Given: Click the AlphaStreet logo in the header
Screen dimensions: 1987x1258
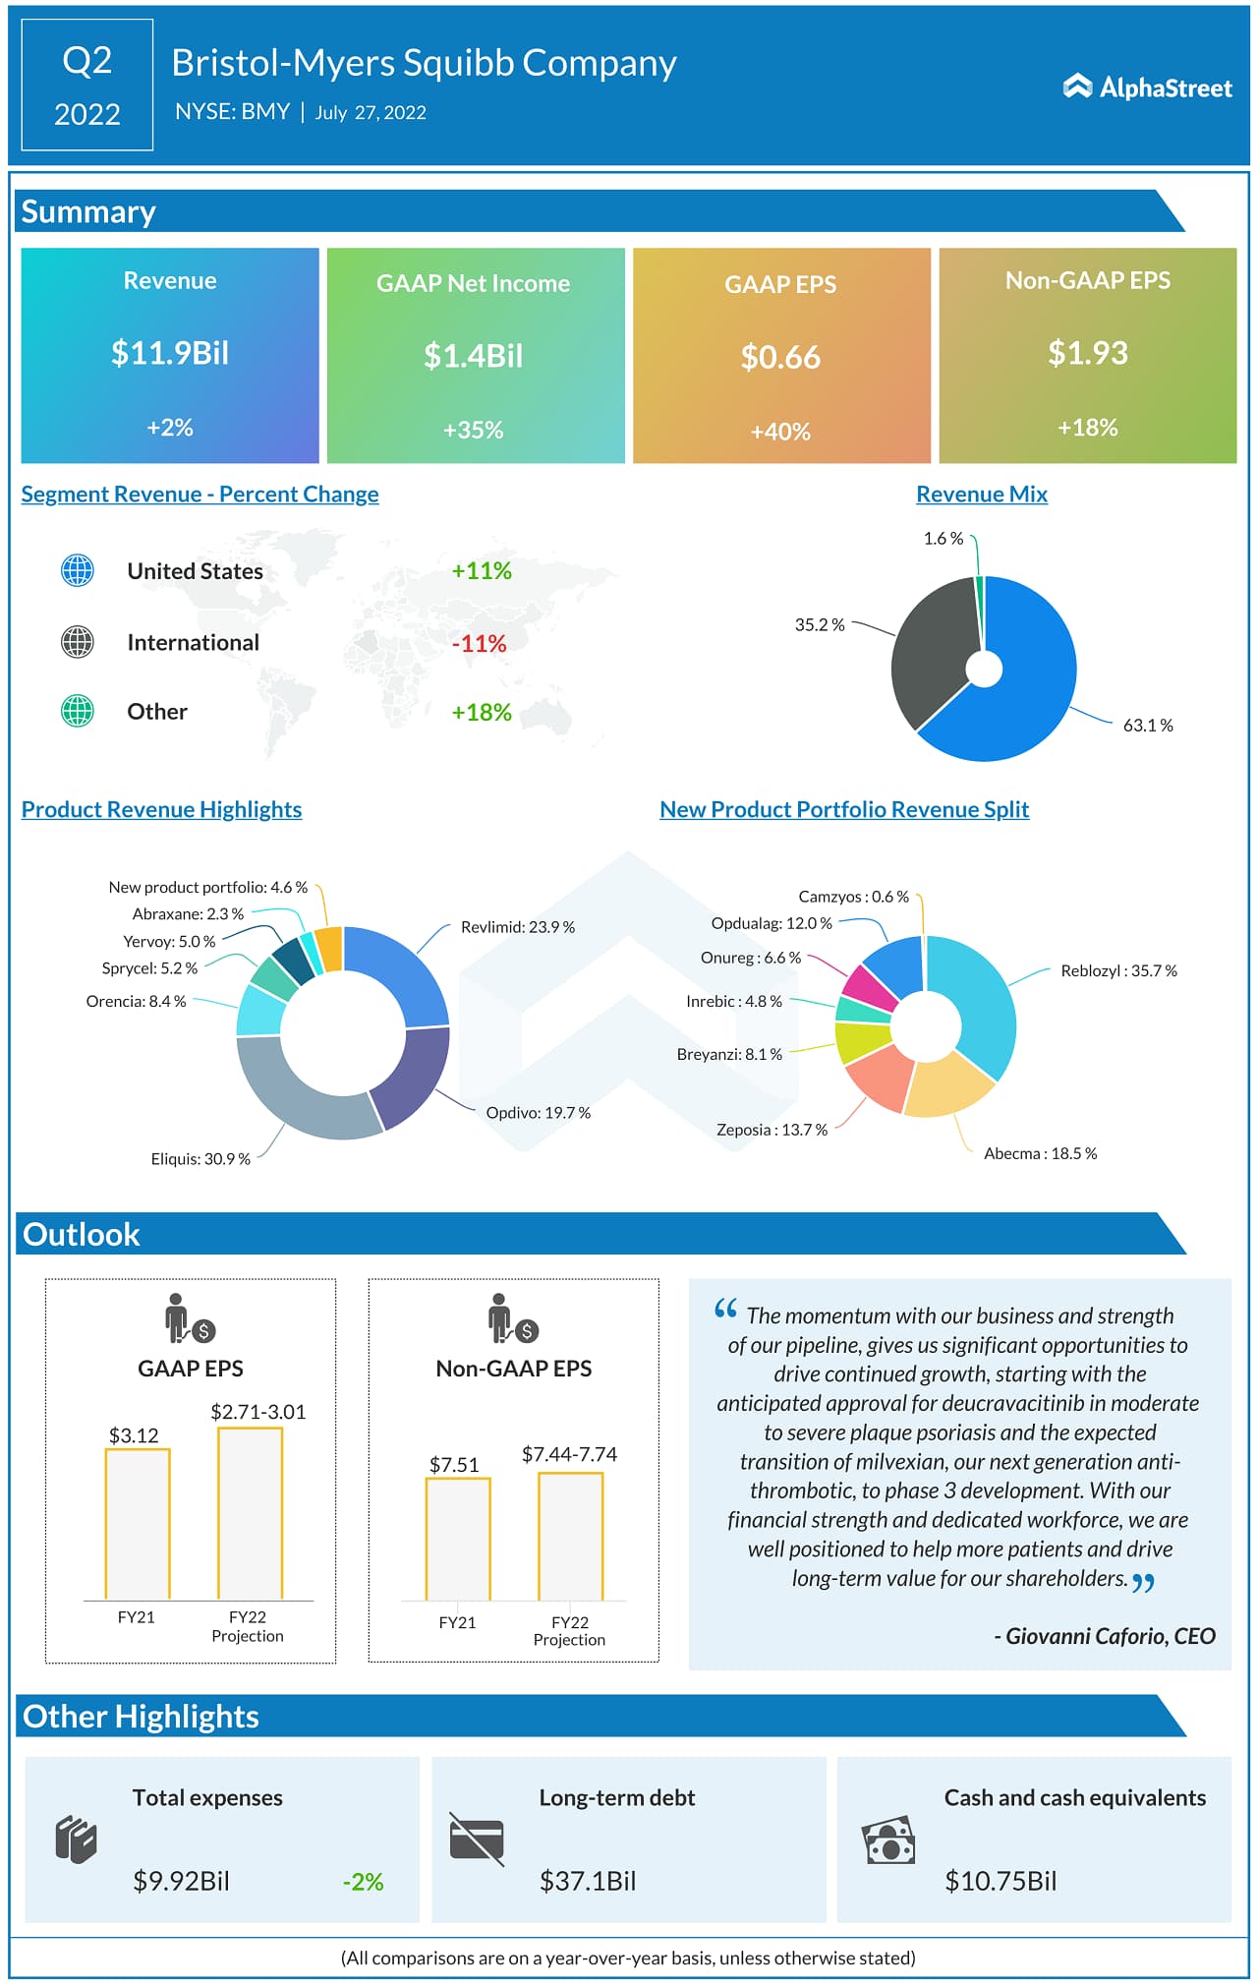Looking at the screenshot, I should [1147, 88].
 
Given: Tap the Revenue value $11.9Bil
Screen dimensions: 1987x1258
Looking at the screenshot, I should [170, 352].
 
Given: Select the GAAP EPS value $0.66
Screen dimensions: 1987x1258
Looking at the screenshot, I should [780, 357].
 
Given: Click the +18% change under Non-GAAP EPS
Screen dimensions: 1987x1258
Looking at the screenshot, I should [1087, 428].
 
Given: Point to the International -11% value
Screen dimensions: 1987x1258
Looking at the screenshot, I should [480, 644].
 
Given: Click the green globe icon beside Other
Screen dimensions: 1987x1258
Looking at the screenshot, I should [78, 711].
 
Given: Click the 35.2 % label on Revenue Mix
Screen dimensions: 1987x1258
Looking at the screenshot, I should [820, 625].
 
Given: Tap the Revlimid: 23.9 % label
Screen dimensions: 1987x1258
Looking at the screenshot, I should [518, 927].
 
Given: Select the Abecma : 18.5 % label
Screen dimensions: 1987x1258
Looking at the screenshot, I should [1040, 1153].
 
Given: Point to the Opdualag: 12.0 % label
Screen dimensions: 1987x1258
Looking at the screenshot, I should [772, 923].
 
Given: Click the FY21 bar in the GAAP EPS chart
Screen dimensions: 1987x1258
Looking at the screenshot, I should [138, 1524].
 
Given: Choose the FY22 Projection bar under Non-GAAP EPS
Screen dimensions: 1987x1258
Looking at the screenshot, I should [570, 1536].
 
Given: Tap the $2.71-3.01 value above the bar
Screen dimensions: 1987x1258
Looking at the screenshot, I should [258, 1412].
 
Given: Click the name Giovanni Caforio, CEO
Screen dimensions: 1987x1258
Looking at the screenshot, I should [1110, 1636].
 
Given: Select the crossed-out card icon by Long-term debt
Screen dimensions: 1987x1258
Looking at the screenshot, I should [477, 1840].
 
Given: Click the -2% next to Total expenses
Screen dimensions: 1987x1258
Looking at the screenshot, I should [363, 1882].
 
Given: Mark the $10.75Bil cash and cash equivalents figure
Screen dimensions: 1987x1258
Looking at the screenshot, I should [1001, 1881].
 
